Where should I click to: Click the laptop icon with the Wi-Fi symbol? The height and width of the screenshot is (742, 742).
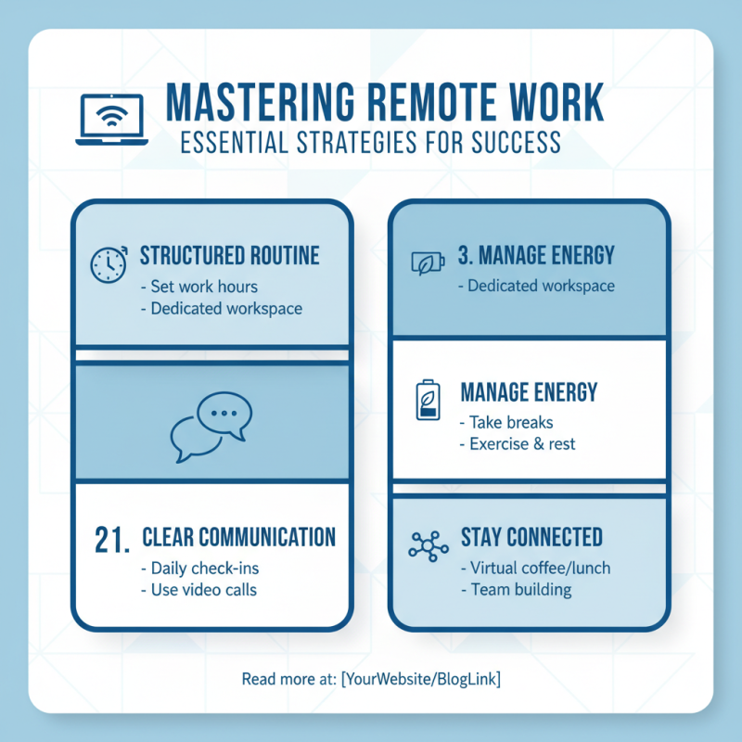(111, 119)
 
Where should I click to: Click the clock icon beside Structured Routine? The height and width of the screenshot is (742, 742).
(109, 264)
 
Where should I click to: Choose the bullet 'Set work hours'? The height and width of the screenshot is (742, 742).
(199, 287)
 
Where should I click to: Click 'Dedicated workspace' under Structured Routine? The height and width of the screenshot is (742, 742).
(222, 309)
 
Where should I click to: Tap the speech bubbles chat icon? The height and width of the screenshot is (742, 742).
(211, 427)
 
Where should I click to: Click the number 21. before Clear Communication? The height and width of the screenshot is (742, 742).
(112, 540)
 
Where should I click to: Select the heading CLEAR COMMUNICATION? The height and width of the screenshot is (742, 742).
(239, 537)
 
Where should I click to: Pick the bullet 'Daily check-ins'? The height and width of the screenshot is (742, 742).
(200, 568)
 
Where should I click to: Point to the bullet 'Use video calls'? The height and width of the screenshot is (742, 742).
(199, 590)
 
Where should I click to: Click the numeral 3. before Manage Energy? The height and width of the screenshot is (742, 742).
(466, 255)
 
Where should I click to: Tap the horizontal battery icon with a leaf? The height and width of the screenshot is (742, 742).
(428, 262)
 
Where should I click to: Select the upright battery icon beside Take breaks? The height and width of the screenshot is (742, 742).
(428, 400)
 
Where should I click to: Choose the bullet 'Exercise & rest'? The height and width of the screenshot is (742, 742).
(518, 444)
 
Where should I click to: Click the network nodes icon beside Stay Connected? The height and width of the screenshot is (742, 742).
(429, 546)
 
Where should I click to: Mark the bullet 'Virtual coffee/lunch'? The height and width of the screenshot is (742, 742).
(536, 568)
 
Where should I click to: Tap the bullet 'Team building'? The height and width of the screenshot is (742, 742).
(517, 590)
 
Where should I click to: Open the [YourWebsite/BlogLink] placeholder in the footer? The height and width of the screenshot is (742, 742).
(421, 679)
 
